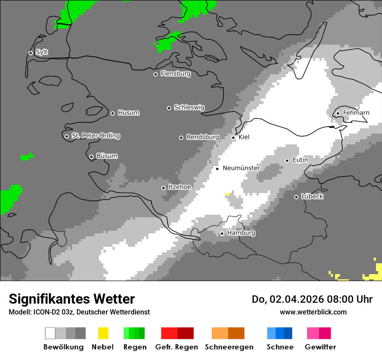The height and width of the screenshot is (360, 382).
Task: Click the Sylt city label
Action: [x=42, y=52]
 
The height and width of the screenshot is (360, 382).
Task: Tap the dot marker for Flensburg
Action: [x=155, y=74]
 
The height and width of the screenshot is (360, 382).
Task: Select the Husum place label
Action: [x=128, y=113]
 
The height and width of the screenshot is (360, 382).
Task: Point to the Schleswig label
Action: [x=189, y=107]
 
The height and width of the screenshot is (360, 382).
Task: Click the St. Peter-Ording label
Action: [x=95, y=136]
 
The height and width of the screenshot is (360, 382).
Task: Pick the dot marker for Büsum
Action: [x=91, y=157]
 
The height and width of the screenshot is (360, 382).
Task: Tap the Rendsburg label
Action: [x=202, y=137]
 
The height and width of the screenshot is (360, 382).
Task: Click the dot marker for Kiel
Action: [x=233, y=137]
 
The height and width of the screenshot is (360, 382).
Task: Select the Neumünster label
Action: [x=241, y=168]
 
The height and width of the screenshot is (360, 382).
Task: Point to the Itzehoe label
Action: [x=179, y=187]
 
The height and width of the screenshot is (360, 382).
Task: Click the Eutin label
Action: [x=300, y=160]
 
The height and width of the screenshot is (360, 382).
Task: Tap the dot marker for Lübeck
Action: [x=296, y=197]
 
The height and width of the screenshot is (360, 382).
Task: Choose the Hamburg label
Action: [x=241, y=233]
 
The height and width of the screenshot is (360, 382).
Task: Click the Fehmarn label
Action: [x=356, y=113]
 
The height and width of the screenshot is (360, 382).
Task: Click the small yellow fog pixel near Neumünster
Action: [x=227, y=195]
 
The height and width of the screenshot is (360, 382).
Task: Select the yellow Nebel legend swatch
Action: [x=103, y=333]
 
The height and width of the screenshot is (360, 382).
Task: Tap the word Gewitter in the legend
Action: [x=320, y=347]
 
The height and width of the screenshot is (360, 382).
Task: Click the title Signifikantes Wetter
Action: [x=72, y=299]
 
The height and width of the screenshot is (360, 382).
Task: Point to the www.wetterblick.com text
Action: [x=313, y=312]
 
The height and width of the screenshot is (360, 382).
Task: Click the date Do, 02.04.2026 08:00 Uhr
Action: [x=312, y=299]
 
